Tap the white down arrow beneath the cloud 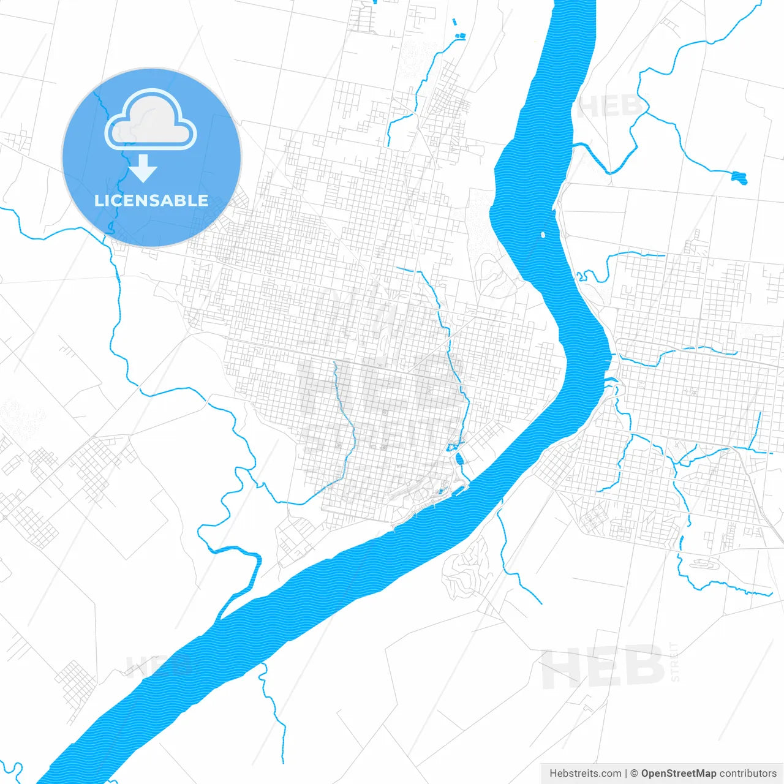coord(143,168)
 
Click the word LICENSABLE coord(151,200)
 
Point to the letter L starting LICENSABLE coord(99,200)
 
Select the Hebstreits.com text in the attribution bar coord(585,774)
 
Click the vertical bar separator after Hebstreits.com coord(625,774)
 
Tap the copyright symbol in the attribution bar coord(634,774)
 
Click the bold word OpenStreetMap coord(678,774)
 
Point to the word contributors coord(747,774)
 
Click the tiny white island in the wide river coord(543,234)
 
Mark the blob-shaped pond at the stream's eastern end coord(740,178)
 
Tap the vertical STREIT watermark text coord(674,662)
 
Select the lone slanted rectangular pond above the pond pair coord(454,23)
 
